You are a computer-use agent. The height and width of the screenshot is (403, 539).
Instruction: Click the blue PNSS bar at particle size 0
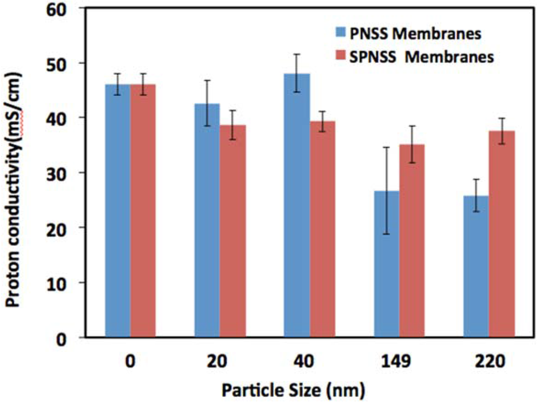pyautogui.click(x=117, y=210)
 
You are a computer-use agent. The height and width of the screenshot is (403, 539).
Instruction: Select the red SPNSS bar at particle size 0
pyautogui.click(x=143, y=210)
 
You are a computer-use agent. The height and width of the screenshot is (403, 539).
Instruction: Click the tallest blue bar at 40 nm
pyautogui.click(x=297, y=205)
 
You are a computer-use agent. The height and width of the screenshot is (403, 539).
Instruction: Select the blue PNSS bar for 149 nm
pyautogui.click(x=386, y=264)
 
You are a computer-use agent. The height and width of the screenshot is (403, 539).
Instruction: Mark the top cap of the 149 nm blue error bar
pyautogui.click(x=386, y=147)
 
